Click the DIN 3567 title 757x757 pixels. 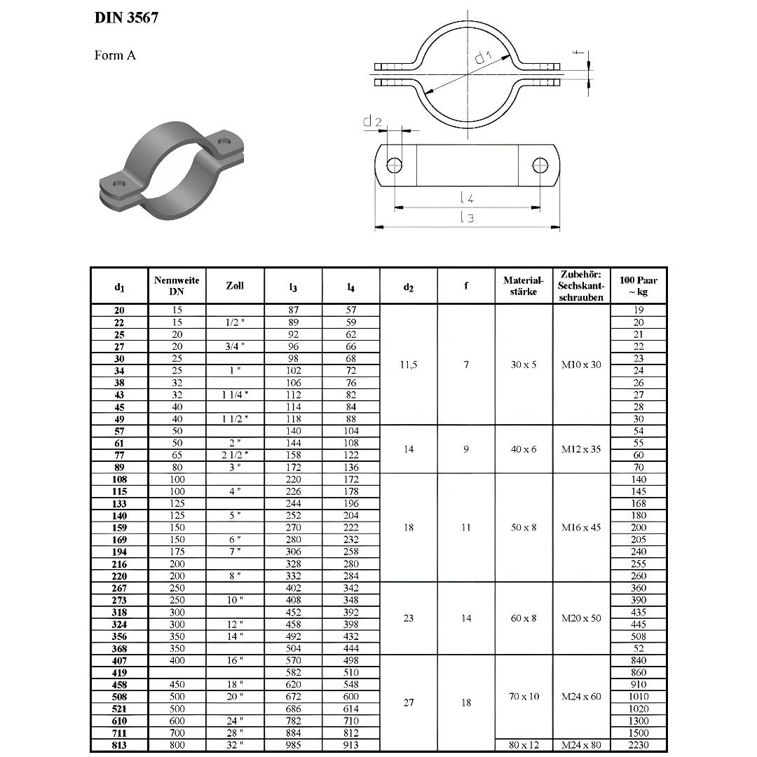pyautogui.click(x=126, y=18)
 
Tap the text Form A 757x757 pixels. pyautogui.click(x=115, y=55)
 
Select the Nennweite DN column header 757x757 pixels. pyautogui.click(x=177, y=285)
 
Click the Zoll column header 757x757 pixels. pyautogui.click(x=235, y=286)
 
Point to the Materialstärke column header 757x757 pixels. pyautogui.click(x=524, y=285)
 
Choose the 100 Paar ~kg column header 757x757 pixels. pyautogui.click(x=639, y=286)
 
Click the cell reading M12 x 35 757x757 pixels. pyautogui.click(x=581, y=449)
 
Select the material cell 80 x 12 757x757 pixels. pyautogui.click(x=524, y=745)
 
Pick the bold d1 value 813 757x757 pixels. pyautogui.click(x=119, y=745)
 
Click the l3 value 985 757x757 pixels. pyautogui.click(x=293, y=745)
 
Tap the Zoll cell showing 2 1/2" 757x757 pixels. pyautogui.click(x=235, y=456)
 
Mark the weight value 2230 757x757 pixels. pyautogui.click(x=639, y=745)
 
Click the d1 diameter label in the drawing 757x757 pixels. pyautogui.click(x=483, y=57)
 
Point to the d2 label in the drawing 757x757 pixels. pyautogui.click(x=372, y=122)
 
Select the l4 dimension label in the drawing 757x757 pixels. pyautogui.click(x=468, y=199)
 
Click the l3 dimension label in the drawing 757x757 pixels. pyautogui.click(x=468, y=218)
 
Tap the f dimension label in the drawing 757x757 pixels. pyautogui.click(x=575, y=53)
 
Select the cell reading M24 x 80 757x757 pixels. pyautogui.click(x=581, y=745)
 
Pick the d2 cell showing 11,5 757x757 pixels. pyautogui.click(x=409, y=364)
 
